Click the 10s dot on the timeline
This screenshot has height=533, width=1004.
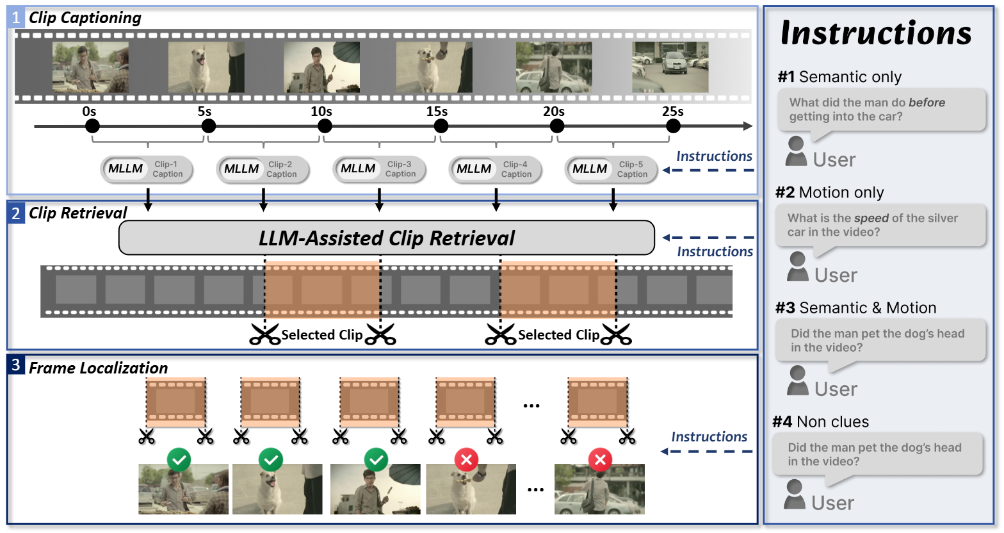tap(325, 126)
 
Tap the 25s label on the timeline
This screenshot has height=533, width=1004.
tap(672, 111)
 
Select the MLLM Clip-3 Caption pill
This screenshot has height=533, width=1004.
tap(379, 170)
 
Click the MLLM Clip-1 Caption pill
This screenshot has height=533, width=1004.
tap(147, 170)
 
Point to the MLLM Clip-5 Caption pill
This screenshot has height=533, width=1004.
tap(611, 170)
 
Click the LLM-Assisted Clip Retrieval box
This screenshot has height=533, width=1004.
tap(386, 238)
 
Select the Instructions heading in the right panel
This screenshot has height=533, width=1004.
tap(875, 33)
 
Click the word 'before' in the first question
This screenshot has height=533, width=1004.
tap(927, 102)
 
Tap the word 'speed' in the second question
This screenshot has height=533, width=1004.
tap(871, 218)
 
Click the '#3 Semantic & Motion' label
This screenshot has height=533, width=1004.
tap(855, 308)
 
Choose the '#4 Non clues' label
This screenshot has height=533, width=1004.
tap(820, 422)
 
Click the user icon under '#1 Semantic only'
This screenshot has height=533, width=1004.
tap(796, 151)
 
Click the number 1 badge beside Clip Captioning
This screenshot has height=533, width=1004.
tap(16, 17)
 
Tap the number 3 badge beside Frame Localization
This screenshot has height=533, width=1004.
tap(16, 366)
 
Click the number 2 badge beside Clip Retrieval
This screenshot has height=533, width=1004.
tap(16, 213)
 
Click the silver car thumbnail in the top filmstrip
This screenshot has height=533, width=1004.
tap(670, 67)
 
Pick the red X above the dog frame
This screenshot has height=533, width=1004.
tap(466, 459)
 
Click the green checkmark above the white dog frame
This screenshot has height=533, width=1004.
tap(271, 459)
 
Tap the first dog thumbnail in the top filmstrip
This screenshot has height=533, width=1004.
tap(206, 67)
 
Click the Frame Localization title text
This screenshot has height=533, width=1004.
tap(98, 368)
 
